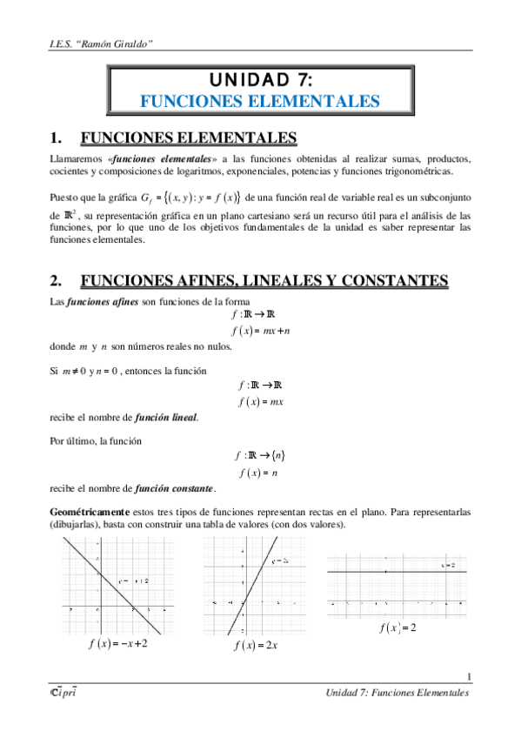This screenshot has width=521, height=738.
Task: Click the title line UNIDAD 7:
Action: click(x=259, y=81)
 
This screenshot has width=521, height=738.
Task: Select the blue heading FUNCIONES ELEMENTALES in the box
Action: click(x=260, y=102)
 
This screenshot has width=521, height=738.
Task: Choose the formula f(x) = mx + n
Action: click(x=260, y=331)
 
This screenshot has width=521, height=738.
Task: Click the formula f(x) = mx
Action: click(x=260, y=401)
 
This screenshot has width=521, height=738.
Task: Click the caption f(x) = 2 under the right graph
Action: click(x=397, y=628)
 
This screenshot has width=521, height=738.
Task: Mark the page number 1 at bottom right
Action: click(x=469, y=677)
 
